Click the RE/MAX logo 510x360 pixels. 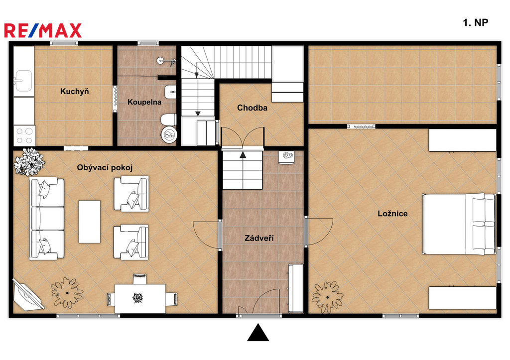tap(43, 30)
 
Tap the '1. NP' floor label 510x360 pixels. tap(475, 22)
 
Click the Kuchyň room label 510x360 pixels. tap(75, 92)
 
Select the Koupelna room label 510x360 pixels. tap(144, 102)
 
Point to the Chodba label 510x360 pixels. tap(252, 108)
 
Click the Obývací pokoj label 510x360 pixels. tap(105, 168)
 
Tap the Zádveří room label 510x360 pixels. tap(259, 238)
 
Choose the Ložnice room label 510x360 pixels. tap(392, 214)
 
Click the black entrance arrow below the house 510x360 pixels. tap(258, 332)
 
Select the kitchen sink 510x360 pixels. tap(23, 81)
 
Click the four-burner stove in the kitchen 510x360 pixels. tap(24, 135)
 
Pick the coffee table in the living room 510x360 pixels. tap(90, 222)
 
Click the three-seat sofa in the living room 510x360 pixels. tap(46, 219)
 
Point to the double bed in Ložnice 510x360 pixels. tap(459, 224)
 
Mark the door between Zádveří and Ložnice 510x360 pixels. tap(319, 232)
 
